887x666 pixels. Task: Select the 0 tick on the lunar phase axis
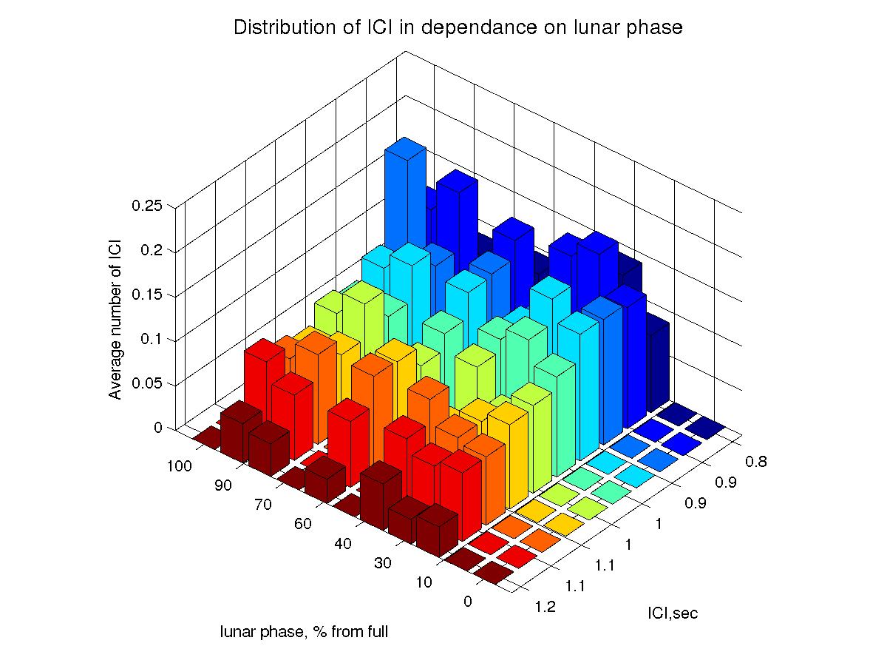(467, 601)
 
